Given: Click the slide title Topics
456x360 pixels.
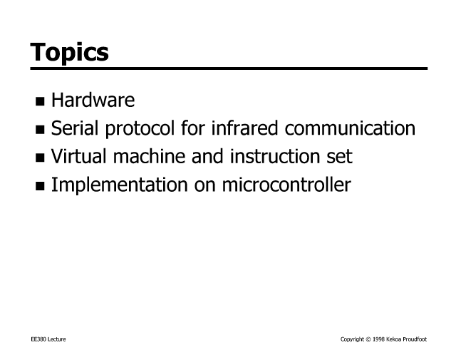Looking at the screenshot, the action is click(x=69, y=52).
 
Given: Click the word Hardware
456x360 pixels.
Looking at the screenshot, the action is click(x=93, y=100).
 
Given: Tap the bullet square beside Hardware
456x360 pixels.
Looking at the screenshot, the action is click(x=40, y=101).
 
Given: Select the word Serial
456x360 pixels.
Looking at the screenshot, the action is click(x=75, y=128).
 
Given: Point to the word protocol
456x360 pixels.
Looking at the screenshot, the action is click(x=140, y=128).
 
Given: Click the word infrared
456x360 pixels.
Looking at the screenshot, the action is click(x=244, y=128).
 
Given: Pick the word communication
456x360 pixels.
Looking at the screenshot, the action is click(x=350, y=128).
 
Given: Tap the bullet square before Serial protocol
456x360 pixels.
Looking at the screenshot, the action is click(x=40, y=130).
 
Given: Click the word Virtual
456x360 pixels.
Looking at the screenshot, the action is click(x=79, y=156).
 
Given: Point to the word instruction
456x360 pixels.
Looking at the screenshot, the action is click(x=274, y=156).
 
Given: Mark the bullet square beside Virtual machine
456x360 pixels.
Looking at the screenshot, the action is click(x=40, y=158).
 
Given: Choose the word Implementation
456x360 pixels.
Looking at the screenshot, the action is click(x=120, y=185).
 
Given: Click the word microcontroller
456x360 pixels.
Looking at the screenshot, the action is click(x=286, y=185).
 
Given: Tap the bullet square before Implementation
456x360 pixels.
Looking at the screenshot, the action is click(x=40, y=186).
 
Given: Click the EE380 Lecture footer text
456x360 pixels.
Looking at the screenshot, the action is click(x=48, y=339).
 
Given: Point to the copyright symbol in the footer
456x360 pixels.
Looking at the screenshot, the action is click(x=368, y=339).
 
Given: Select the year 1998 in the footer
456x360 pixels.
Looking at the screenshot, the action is click(x=378, y=339).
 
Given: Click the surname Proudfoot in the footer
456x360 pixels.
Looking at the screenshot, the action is click(x=415, y=339).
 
